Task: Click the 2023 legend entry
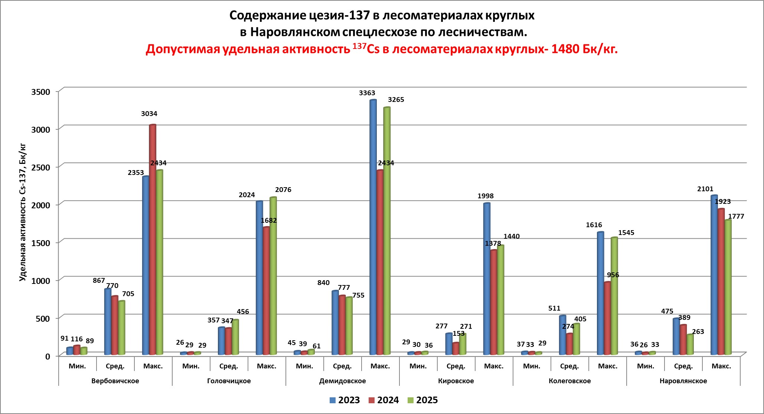coord(345,400)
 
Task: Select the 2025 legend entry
coord(422,400)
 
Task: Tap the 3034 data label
coord(149,114)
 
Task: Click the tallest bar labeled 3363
coord(373,226)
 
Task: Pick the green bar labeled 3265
coord(387,230)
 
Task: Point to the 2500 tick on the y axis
coord(40,167)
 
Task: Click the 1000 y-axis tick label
coord(40,281)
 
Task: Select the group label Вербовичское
coord(115,381)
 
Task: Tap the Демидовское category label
coord(342,381)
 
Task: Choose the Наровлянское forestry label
coord(683,381)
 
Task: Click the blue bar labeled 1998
coord(487,278)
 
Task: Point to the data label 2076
coord(283,190)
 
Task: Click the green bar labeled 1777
coord(728,287)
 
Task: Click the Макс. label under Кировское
coord(494,366)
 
